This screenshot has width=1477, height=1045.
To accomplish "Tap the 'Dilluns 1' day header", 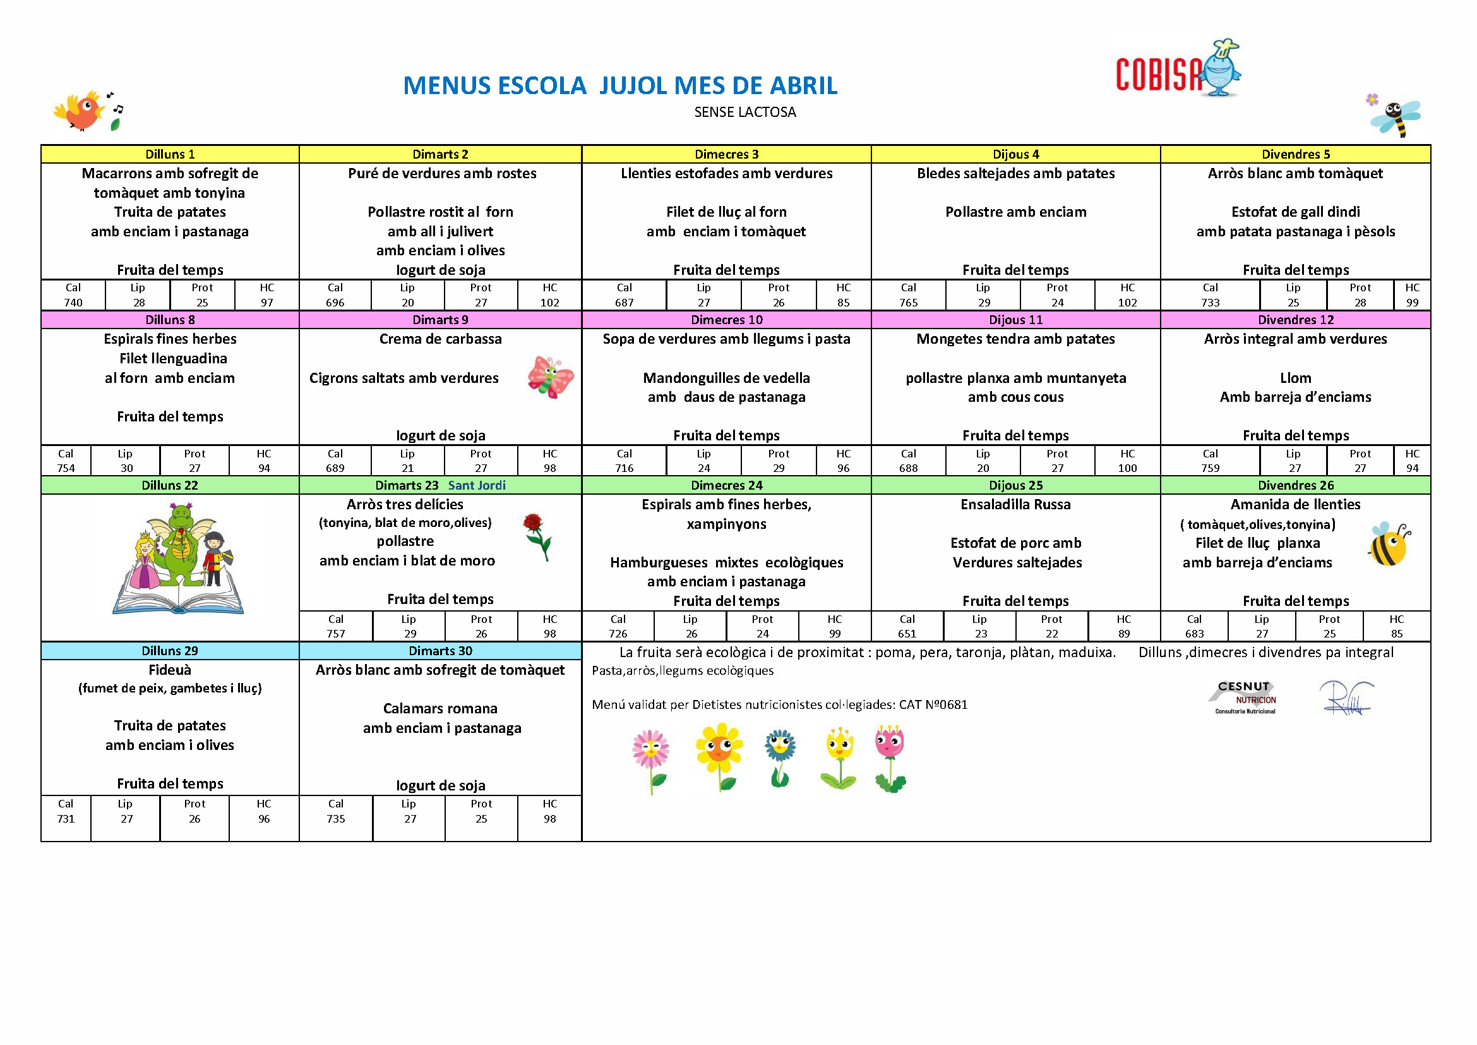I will point(170,154).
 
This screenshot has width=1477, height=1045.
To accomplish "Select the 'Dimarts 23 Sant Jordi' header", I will point(440,485).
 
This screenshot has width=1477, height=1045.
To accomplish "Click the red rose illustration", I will point(537,536).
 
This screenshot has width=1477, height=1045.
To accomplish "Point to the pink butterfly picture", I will point(550,377).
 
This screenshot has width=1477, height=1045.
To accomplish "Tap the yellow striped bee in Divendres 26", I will point(1388,545).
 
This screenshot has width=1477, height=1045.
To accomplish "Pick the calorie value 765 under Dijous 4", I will point(907,303).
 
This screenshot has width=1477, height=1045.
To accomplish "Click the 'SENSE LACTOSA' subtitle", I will point(745,112).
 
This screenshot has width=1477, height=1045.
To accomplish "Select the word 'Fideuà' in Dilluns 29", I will point(170,670).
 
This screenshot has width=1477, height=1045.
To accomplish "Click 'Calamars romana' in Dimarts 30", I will point(440,708).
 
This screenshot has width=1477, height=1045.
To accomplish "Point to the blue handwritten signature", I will point(1346,698).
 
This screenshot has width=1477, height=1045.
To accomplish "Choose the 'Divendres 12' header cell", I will point(1296,320).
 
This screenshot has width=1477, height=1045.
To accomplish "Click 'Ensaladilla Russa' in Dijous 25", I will point(1015,504).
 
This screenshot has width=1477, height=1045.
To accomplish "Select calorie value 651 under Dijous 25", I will point(906,634).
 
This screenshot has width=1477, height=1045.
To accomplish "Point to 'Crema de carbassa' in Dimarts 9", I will point(440,339).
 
